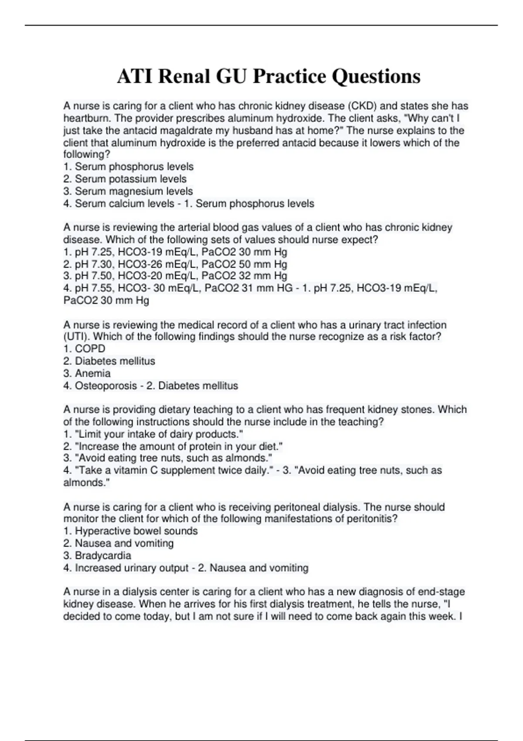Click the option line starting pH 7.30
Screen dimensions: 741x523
pyautogui.click(x=175, y=264)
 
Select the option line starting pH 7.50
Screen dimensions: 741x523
pyautogui.click(x=175, y=275)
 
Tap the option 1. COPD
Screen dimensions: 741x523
pyautogui.click(x=84, y=349)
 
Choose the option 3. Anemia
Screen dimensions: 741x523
pyautogui.click(x=87, y=373)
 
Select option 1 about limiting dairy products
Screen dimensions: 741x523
pyautogui.click(x=153, y=434)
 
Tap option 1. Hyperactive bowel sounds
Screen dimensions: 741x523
pyautogui.click(x=130, y=531)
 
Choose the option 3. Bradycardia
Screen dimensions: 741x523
pyautogui.click(x=97, y=555)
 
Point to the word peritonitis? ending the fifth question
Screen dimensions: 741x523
pyautogui.click(x=372, y=519)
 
